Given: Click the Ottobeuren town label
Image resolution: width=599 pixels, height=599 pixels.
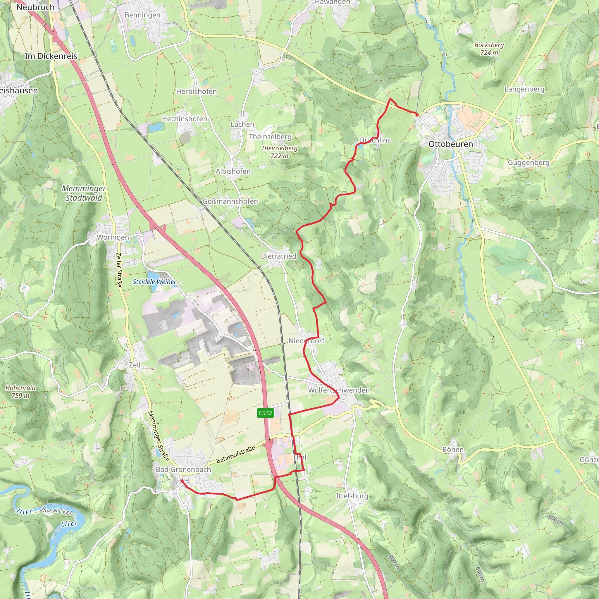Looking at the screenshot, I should (450, 144).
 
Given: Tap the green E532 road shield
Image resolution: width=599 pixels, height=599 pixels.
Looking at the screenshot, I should (265, 413).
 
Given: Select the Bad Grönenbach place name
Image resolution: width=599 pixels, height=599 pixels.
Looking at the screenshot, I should (183, 469).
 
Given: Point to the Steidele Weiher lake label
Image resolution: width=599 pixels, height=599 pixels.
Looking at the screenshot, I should (154, 282).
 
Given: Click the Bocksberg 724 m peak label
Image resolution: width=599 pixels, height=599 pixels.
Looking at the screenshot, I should (489, 49).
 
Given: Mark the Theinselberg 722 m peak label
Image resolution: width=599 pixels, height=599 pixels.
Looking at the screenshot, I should (279, 152).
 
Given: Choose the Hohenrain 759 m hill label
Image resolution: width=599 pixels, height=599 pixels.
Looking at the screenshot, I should (20, 392).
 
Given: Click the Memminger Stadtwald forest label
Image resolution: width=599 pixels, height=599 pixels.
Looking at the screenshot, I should (84, 193).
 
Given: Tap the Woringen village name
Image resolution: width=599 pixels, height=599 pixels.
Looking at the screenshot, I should (113, 237).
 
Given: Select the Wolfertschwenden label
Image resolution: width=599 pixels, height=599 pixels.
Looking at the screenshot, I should (339, 390).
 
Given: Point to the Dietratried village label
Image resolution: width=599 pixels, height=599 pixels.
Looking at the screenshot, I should (278, 256).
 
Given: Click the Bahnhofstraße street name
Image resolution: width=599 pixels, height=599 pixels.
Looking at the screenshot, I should (236, 455).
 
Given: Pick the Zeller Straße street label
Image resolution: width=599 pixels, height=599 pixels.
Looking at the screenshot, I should (119, 270).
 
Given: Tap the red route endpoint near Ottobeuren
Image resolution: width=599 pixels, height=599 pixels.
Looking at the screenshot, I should (417, 115).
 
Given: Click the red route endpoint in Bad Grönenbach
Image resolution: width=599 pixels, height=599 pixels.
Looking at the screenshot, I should (182, 481).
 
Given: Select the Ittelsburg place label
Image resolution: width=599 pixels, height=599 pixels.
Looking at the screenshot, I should (352, 496).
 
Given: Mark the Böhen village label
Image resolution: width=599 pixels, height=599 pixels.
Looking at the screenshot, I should (453, 450).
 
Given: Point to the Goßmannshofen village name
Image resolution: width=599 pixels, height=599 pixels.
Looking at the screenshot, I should (230, 201).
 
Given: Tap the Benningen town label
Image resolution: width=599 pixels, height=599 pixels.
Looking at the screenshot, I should (142, 15).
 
